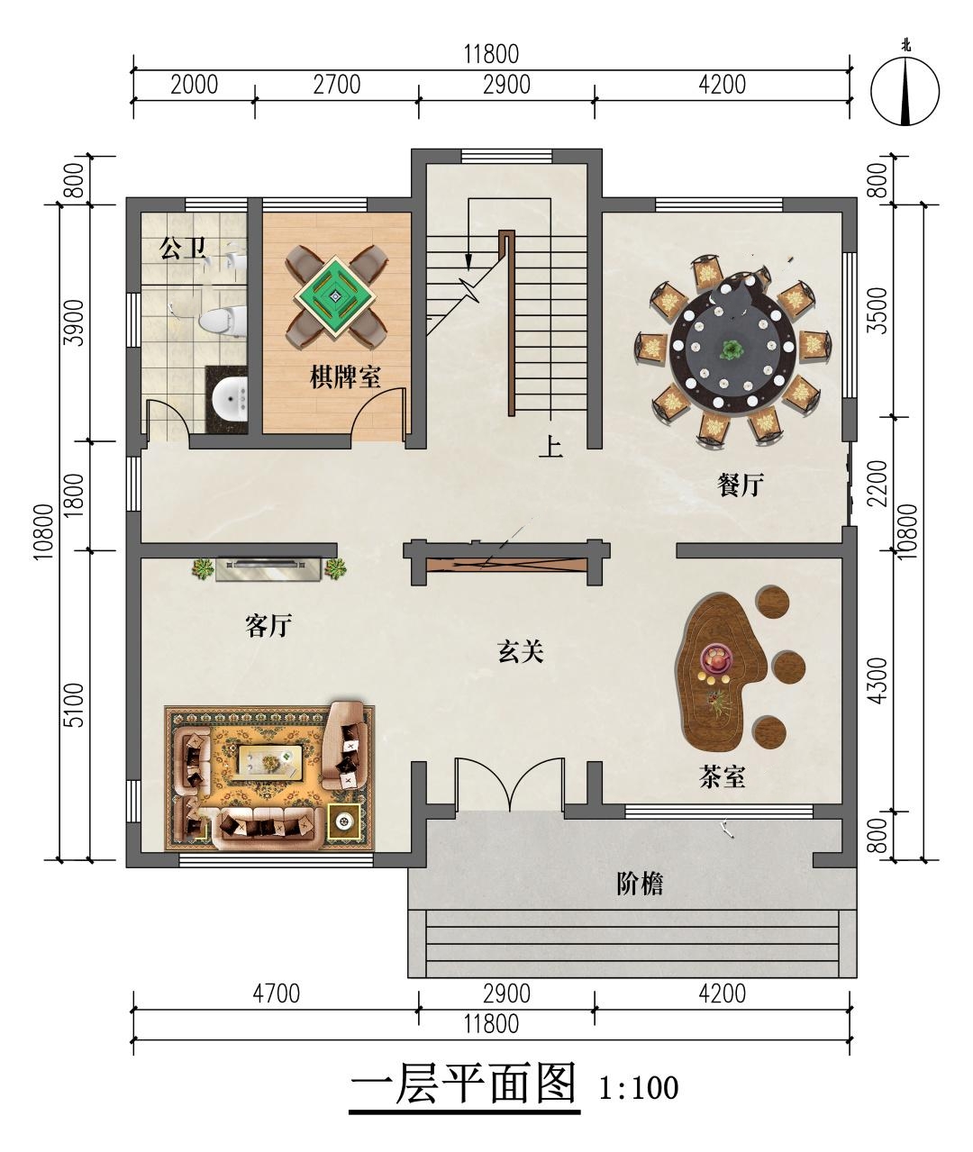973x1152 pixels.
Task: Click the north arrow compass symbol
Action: coord(905,90)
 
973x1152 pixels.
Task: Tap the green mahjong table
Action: coord(335,297)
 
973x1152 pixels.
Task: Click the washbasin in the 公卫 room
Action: coord(231,399)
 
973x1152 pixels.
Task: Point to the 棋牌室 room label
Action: coord(345,376)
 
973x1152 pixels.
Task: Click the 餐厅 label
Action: coord(741,485)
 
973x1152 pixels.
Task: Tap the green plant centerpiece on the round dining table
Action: coord(732,349)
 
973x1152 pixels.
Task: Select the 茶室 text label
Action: coord(723,776)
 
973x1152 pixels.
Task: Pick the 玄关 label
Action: coord(521,651)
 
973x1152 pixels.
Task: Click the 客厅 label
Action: coord(268,626)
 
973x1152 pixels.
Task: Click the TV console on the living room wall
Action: coord(268,569)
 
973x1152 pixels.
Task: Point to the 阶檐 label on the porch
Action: coord(640,884)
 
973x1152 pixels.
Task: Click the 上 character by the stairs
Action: coord(550,446)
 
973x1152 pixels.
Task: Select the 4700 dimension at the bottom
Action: coord(276,993)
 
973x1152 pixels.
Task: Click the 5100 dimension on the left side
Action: coord(74,705)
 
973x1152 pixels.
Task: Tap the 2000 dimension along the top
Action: coord(195,85)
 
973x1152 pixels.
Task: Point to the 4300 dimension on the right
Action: coord(877,680)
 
